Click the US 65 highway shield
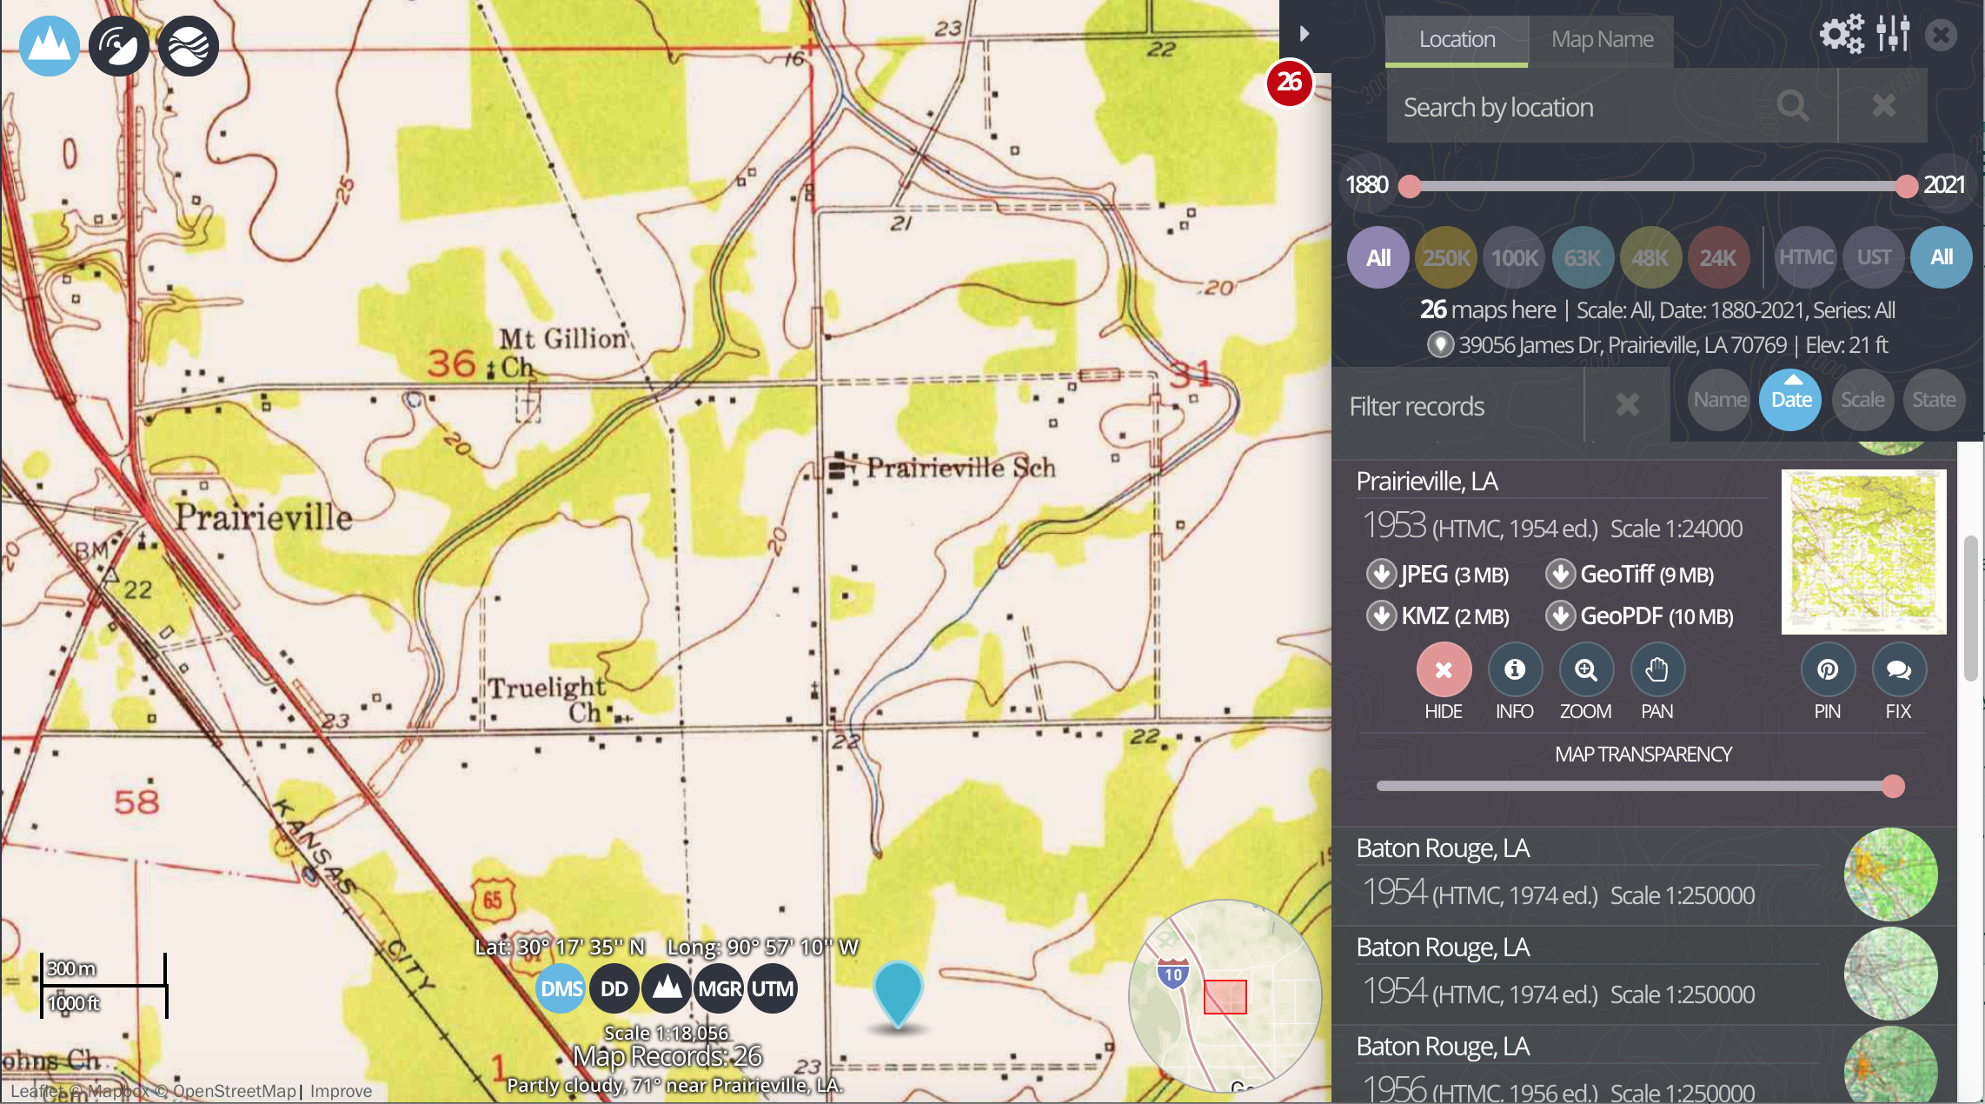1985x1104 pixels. point(493,900)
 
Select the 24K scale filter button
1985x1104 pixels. point(1717,257)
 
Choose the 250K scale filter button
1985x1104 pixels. point(1446,257)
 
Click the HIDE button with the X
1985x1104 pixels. point(1444,670)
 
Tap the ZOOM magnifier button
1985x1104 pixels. point(1586,670)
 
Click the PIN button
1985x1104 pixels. point(1828,670)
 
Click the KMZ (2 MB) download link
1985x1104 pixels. point(1439,616)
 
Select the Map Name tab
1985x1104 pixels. point(1602,40)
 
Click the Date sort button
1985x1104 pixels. point(1791,400)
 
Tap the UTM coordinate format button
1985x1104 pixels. point(772,989)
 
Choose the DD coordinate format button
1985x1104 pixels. point(614,989)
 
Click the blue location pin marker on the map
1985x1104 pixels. point(898,992)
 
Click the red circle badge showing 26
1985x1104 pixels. point(1289,83)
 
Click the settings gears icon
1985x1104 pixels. point(1842,35)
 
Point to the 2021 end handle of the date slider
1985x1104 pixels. point(1906,186)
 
